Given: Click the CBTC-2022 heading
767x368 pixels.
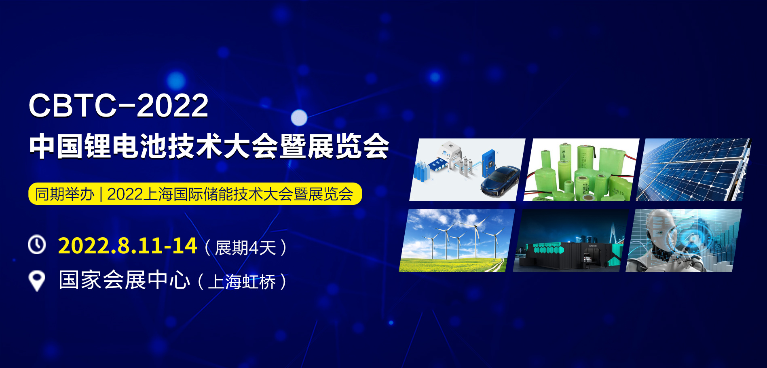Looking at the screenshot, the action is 118,105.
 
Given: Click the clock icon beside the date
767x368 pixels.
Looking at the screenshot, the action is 37,245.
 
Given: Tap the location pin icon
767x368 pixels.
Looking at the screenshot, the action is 37,281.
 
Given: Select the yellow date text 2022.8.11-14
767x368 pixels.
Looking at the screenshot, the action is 127,246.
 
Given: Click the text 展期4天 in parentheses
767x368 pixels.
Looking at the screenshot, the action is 245,247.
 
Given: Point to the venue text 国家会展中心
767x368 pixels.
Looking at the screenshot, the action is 124,280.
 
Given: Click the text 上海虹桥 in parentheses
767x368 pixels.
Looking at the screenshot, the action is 242,282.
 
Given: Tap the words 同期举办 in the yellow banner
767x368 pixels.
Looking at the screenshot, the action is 65,194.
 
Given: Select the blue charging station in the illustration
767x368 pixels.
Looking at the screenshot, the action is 489,164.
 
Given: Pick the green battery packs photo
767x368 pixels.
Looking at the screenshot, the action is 581,170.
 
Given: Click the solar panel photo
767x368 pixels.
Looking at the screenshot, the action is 693,170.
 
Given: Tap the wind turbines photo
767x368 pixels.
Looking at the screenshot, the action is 457,241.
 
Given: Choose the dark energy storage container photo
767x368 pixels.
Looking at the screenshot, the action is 570,241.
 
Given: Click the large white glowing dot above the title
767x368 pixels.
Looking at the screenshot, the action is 299,118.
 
